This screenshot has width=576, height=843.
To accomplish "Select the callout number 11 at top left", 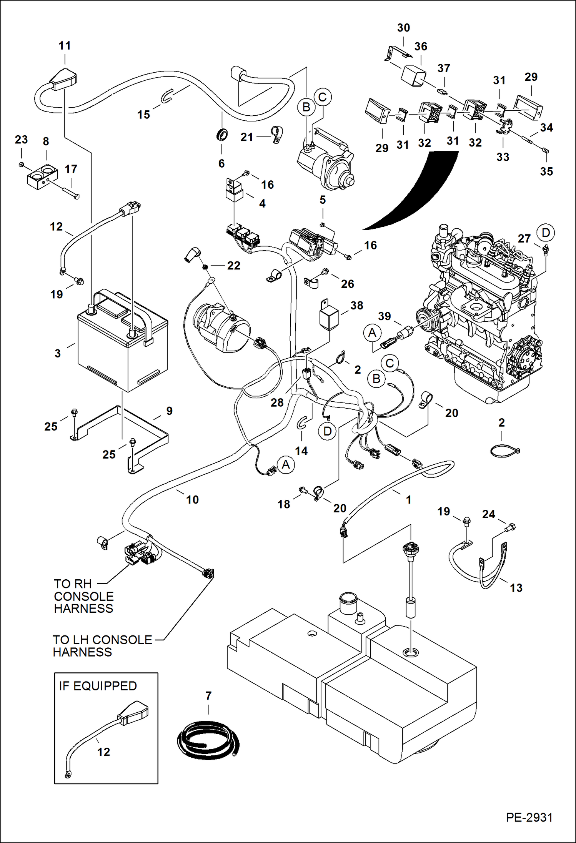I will pos(65,46).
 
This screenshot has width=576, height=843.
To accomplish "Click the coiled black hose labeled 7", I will pos(208,740).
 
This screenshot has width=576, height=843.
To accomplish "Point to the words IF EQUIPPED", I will pos(98,686).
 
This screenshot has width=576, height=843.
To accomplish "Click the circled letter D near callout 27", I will pos(546,233).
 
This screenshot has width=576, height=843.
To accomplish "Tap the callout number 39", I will pos(385,316).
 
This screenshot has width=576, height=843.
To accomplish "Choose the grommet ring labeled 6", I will pos(222,135).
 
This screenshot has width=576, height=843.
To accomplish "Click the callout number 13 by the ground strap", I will pos(516,588).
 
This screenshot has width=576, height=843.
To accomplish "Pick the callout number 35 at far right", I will pos(546,171).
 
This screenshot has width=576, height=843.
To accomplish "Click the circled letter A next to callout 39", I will pos(372,333).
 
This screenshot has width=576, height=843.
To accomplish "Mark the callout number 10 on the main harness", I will pos(192,499).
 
